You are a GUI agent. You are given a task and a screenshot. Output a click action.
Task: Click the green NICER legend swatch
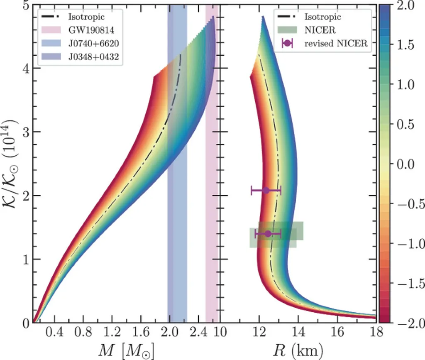pyautogui.click(x=288, y=30)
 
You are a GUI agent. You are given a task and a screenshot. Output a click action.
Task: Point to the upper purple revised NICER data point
pyautogui.click(x=266, y=190)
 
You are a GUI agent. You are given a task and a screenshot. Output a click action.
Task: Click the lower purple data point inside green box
pyautogui.click(x=268, y=234)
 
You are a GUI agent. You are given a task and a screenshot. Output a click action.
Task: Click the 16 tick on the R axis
pyautogui.click(x=337, y=333)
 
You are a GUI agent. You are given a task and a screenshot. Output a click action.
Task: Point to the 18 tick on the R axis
pyautogui.click(x=376, y=333)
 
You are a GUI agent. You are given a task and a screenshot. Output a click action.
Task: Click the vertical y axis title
pyautogui.click(x=10, y=164)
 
